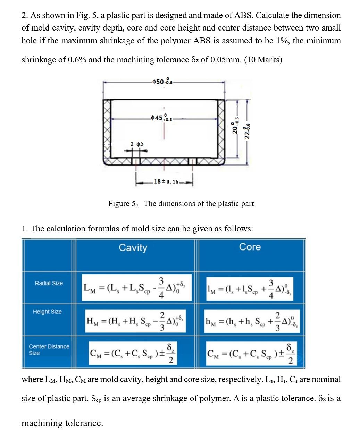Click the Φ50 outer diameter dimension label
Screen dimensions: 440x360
162,82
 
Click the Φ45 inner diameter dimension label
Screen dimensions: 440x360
162,118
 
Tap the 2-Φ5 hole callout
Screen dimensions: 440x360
137,144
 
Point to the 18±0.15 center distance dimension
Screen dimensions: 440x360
166,181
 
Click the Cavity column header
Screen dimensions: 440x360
133,248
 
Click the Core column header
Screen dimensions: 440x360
250,247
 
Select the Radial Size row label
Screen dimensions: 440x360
49,283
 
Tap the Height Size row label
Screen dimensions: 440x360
47,312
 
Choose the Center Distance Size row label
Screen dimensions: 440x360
49,349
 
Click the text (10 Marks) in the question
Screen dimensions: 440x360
263,60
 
